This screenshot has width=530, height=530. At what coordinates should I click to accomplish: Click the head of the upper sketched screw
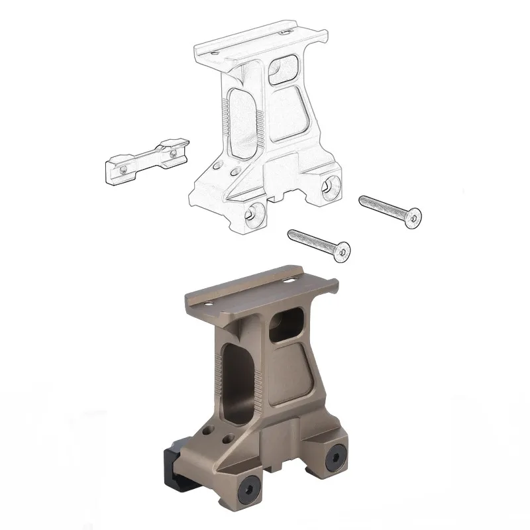tap(414, 215)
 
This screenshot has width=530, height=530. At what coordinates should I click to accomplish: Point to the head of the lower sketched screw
tap(343, 252)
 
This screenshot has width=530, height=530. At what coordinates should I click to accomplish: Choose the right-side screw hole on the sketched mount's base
tap(328, 187)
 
